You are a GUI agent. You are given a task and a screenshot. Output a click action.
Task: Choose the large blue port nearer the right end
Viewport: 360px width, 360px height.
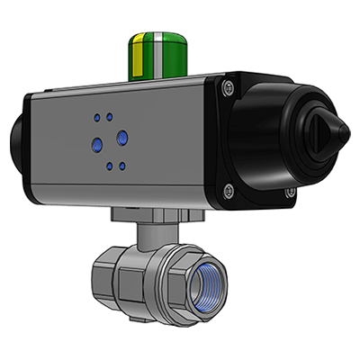(122, 136)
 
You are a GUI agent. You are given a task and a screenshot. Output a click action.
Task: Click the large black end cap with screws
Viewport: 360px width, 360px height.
(270, 139)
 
